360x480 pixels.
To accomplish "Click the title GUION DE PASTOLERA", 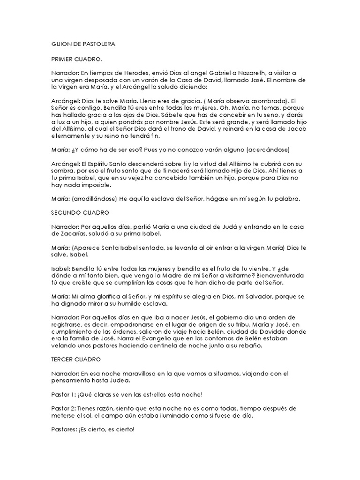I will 82,44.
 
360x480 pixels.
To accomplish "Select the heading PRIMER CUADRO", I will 76,59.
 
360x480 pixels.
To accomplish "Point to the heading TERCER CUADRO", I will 76,359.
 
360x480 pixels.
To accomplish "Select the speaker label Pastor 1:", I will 63,394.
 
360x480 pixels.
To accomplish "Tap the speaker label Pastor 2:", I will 63,408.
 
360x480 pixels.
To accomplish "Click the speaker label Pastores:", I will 64,429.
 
